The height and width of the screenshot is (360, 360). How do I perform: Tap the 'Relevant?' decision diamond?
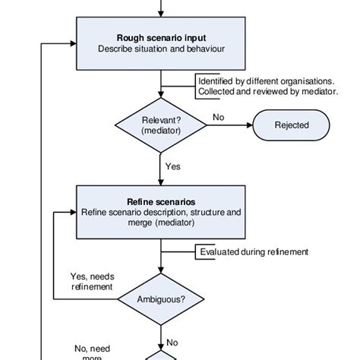click(160, 125)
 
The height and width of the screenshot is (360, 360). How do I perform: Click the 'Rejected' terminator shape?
click(292, 125)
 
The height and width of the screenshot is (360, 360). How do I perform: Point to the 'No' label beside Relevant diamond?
click(219, 117)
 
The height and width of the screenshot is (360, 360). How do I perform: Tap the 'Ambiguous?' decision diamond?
click(160, 299)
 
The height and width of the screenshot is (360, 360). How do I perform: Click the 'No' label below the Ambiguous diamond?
click(172, 342)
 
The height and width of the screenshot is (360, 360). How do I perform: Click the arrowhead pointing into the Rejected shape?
click(249, 125)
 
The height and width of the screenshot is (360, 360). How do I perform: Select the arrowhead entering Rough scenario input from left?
click(74, 43)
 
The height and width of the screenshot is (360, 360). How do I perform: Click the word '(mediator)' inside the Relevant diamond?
click(160, 131)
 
